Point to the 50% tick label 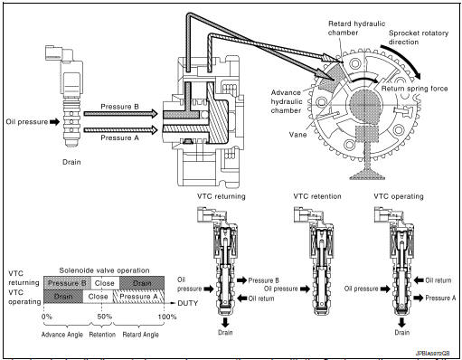point(104,317)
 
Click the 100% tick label point(166,317)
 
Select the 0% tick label point(48,317)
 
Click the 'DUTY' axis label point(185,302)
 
